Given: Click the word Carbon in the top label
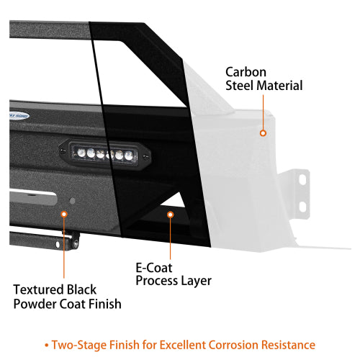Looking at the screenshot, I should pyautogui.click(x=246, y=72).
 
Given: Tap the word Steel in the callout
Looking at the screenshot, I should pyautogui.click(x=241, y=86).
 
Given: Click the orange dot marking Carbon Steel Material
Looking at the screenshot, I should pyautogui.click(x=264, y=132).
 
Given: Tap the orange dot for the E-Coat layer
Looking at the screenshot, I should pyautogui.click(x=171, y=214).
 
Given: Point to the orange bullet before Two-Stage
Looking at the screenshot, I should pyautogui.click(x=46, y=345).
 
